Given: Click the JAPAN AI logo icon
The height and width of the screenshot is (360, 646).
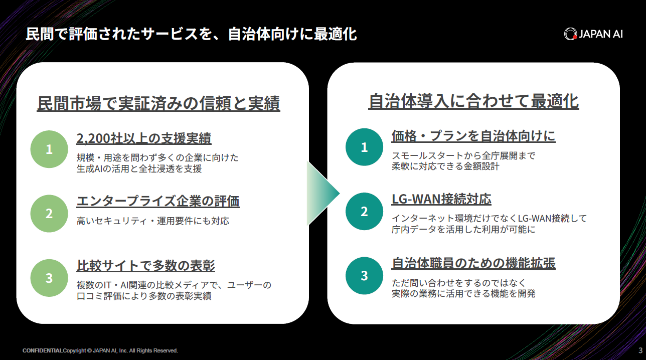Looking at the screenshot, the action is point(570,34).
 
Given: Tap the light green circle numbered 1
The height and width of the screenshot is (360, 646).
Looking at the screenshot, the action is point(49,149).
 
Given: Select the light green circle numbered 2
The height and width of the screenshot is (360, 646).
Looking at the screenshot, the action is point(49,214).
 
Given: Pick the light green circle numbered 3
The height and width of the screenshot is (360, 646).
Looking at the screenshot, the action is point(49,278).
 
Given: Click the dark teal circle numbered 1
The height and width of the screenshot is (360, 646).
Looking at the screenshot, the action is point(364,147).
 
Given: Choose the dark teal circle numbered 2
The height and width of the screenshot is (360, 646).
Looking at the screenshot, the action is point(364,211).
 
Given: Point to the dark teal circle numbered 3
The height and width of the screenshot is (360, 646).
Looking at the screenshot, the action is point(364,276).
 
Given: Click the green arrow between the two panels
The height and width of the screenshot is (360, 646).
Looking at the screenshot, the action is point(323,194).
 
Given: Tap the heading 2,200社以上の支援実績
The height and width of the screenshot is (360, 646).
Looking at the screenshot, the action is point(144,138).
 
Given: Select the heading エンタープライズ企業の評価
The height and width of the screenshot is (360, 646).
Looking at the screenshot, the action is point(158,201).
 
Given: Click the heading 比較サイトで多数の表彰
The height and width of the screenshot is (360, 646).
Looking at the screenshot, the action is point(145,265).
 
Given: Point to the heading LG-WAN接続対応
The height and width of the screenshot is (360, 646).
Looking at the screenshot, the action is point(441,199).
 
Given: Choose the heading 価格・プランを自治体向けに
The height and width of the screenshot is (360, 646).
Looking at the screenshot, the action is point(473,136).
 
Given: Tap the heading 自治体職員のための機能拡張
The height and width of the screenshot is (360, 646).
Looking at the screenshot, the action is point(473,263).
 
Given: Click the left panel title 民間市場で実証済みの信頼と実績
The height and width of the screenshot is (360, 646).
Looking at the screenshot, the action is point(158,103).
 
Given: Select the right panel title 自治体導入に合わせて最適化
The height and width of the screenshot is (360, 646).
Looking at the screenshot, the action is point(473,101).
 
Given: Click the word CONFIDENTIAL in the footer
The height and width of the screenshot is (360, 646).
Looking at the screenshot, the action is point(43,350).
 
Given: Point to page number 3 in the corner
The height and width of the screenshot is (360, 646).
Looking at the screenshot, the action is point(640,350).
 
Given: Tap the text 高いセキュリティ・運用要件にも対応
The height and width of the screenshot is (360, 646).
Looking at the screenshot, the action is point(153,221).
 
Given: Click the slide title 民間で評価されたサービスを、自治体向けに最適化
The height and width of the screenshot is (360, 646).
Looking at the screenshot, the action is point(191,34).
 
